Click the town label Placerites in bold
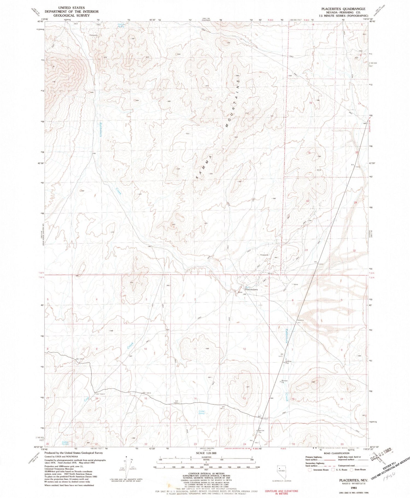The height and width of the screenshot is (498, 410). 251,289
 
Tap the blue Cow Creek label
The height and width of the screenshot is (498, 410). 86,399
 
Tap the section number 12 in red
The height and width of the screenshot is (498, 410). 244,349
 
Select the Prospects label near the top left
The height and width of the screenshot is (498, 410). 93,35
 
